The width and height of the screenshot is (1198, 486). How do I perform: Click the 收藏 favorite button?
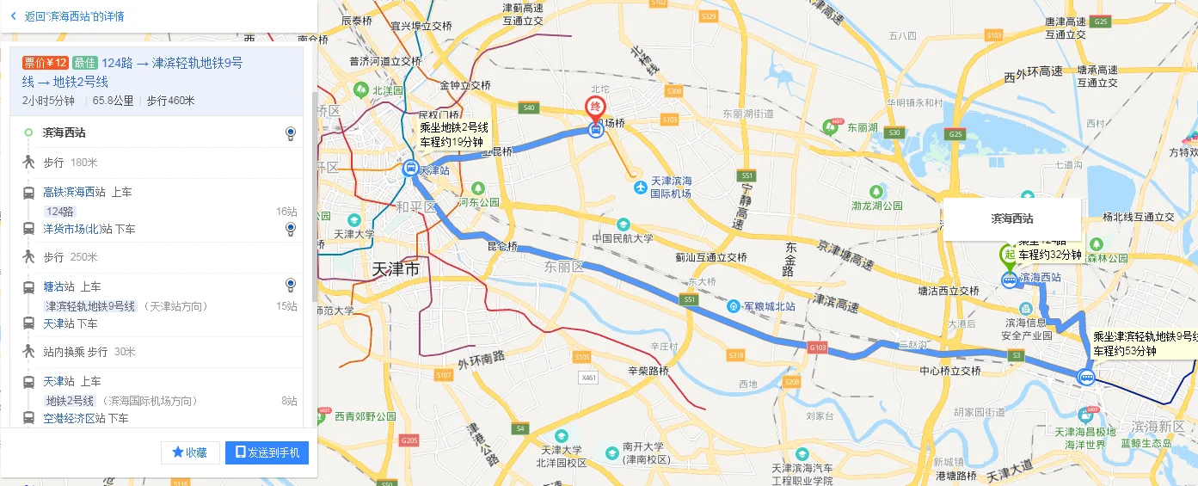[x=189, y=452]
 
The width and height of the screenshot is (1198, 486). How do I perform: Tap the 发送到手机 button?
[x=267, y=452]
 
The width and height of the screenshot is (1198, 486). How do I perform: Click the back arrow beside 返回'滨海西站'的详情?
[x=13, y=15]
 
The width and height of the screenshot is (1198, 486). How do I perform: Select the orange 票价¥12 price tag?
[x=46, y=62]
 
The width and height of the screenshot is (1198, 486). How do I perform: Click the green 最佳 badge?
[x=84, y=62]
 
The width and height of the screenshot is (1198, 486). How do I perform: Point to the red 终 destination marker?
[x=594, y=108]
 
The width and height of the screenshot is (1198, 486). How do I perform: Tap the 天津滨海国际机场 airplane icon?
[x=639, y=187]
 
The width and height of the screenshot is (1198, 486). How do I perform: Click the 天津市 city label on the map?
[x=396, y=269]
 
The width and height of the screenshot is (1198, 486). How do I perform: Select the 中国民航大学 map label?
[x=623, y=237]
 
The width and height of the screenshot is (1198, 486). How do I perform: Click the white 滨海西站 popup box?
[x=1011, y=219]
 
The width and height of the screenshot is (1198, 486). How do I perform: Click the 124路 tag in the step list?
[x=60, y=212]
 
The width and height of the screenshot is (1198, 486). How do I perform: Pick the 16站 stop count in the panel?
[x=286, y=212]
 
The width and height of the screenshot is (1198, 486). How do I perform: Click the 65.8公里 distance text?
[x=114, y=101]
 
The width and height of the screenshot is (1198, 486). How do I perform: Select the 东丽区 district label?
[x=563, y=268]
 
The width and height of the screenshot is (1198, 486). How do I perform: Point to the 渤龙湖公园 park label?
[x=876, y=206]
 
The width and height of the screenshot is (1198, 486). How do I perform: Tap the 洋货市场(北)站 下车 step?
[x=89, y=229]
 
